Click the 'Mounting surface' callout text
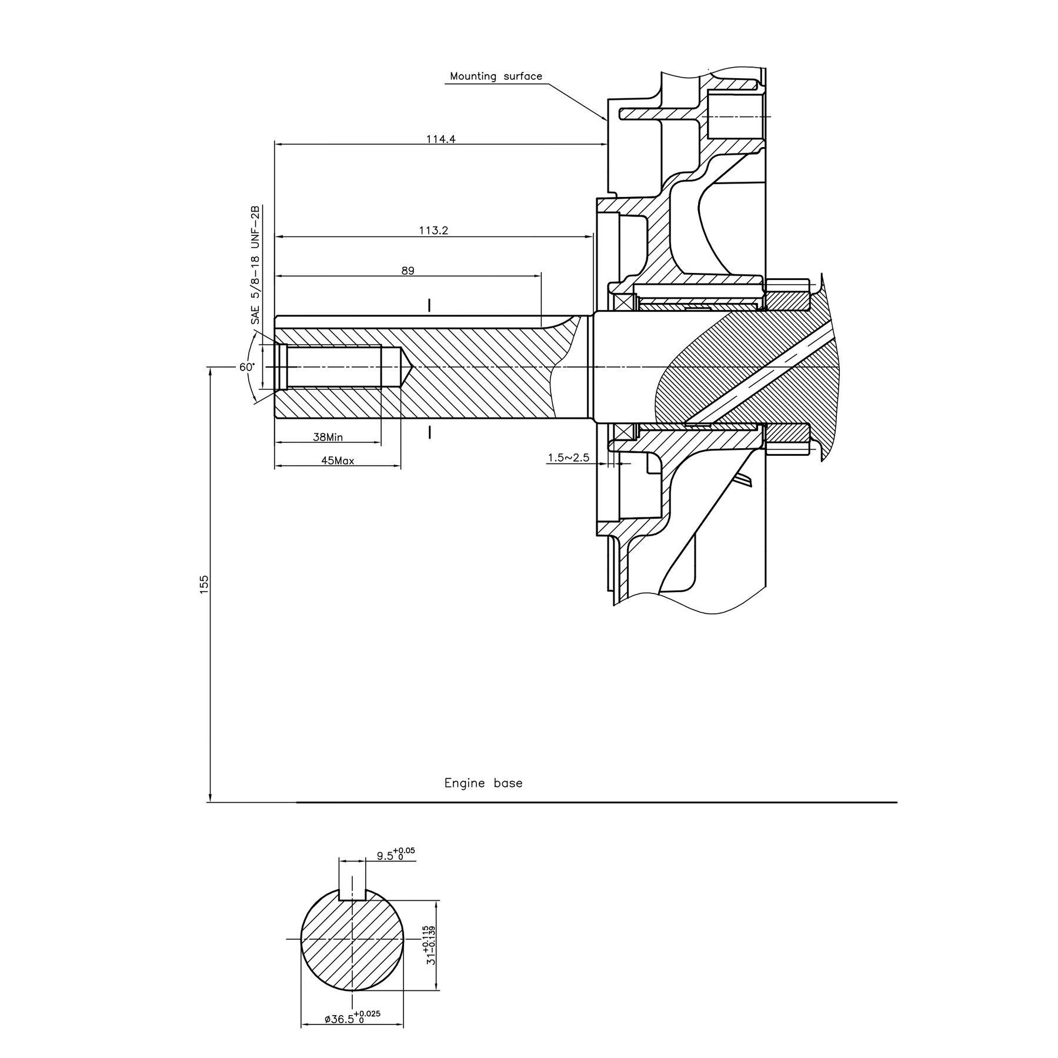[x=496, y=76]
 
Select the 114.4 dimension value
[x=440, y=139]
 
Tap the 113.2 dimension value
[x=433, y=231]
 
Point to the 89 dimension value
[x=408, y=271]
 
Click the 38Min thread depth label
[x=328, y=437]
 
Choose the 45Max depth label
[x=338, y=460]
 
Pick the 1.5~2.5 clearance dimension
[x=568, y=457]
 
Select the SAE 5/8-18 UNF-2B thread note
[x=255, y=265]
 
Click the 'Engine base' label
[x=483, y=783]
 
